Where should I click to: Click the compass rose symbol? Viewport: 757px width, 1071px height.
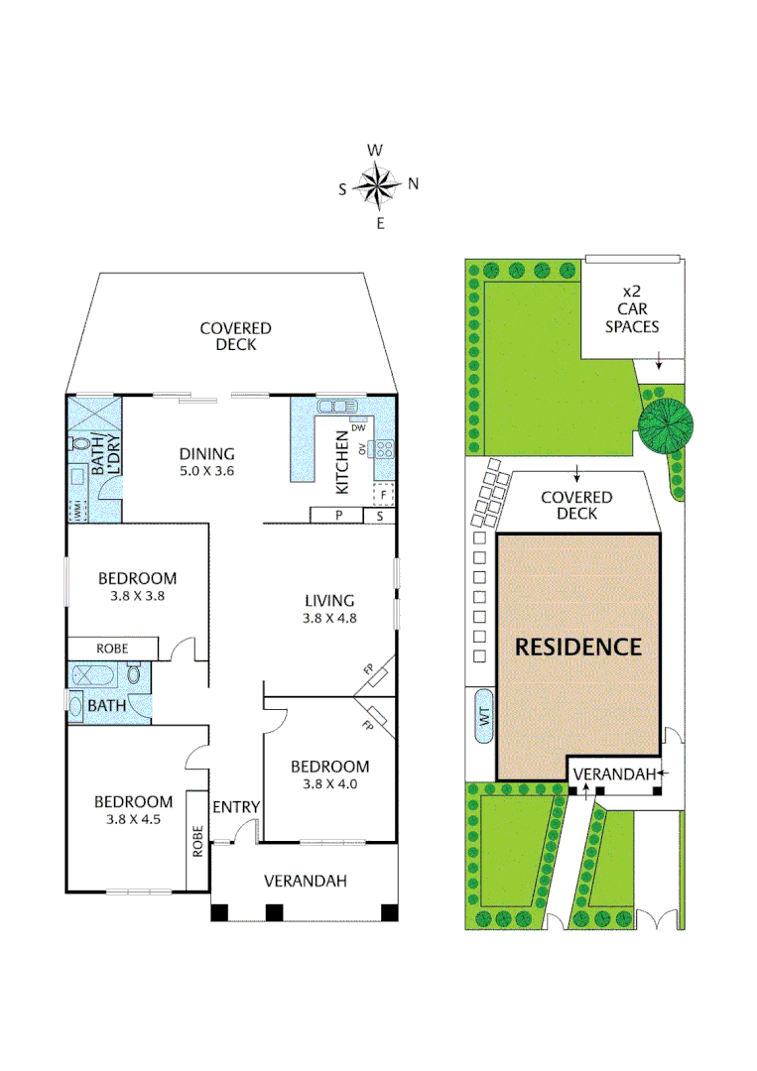pyautogui.click(x=378, y=184)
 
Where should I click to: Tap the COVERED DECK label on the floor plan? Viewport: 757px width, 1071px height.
pyautogui.click(x=235, y=336)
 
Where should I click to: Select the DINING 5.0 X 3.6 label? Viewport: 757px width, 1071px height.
pyautogui.click(x=206, y=461)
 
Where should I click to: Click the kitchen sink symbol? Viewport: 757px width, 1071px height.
pyautogui.click(x=336, y=407)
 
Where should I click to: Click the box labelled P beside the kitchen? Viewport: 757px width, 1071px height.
pyautogui.click(x=337, y=516)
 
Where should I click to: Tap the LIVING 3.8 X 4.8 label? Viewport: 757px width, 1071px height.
pyautogui.click(x=328, y=608)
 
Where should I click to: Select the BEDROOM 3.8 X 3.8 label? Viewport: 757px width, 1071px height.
pyautogui.click(x=137, y=587)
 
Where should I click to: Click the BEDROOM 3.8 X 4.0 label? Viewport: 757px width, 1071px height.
pyautogui.click(x=329, y=774)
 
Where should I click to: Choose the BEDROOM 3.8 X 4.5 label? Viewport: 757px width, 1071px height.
pyautogui.click(x=133, y=810)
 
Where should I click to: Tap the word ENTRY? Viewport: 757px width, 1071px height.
pyautogui.click(x=236, y=807)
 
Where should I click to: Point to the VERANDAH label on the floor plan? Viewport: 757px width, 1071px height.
pyautogui.click(x=305, y=881)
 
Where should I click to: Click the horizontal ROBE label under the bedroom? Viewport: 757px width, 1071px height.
pyautogui.click(x=111, y=649)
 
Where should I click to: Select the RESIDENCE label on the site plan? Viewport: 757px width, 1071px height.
pyautogui.click(x=577, y=647)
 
